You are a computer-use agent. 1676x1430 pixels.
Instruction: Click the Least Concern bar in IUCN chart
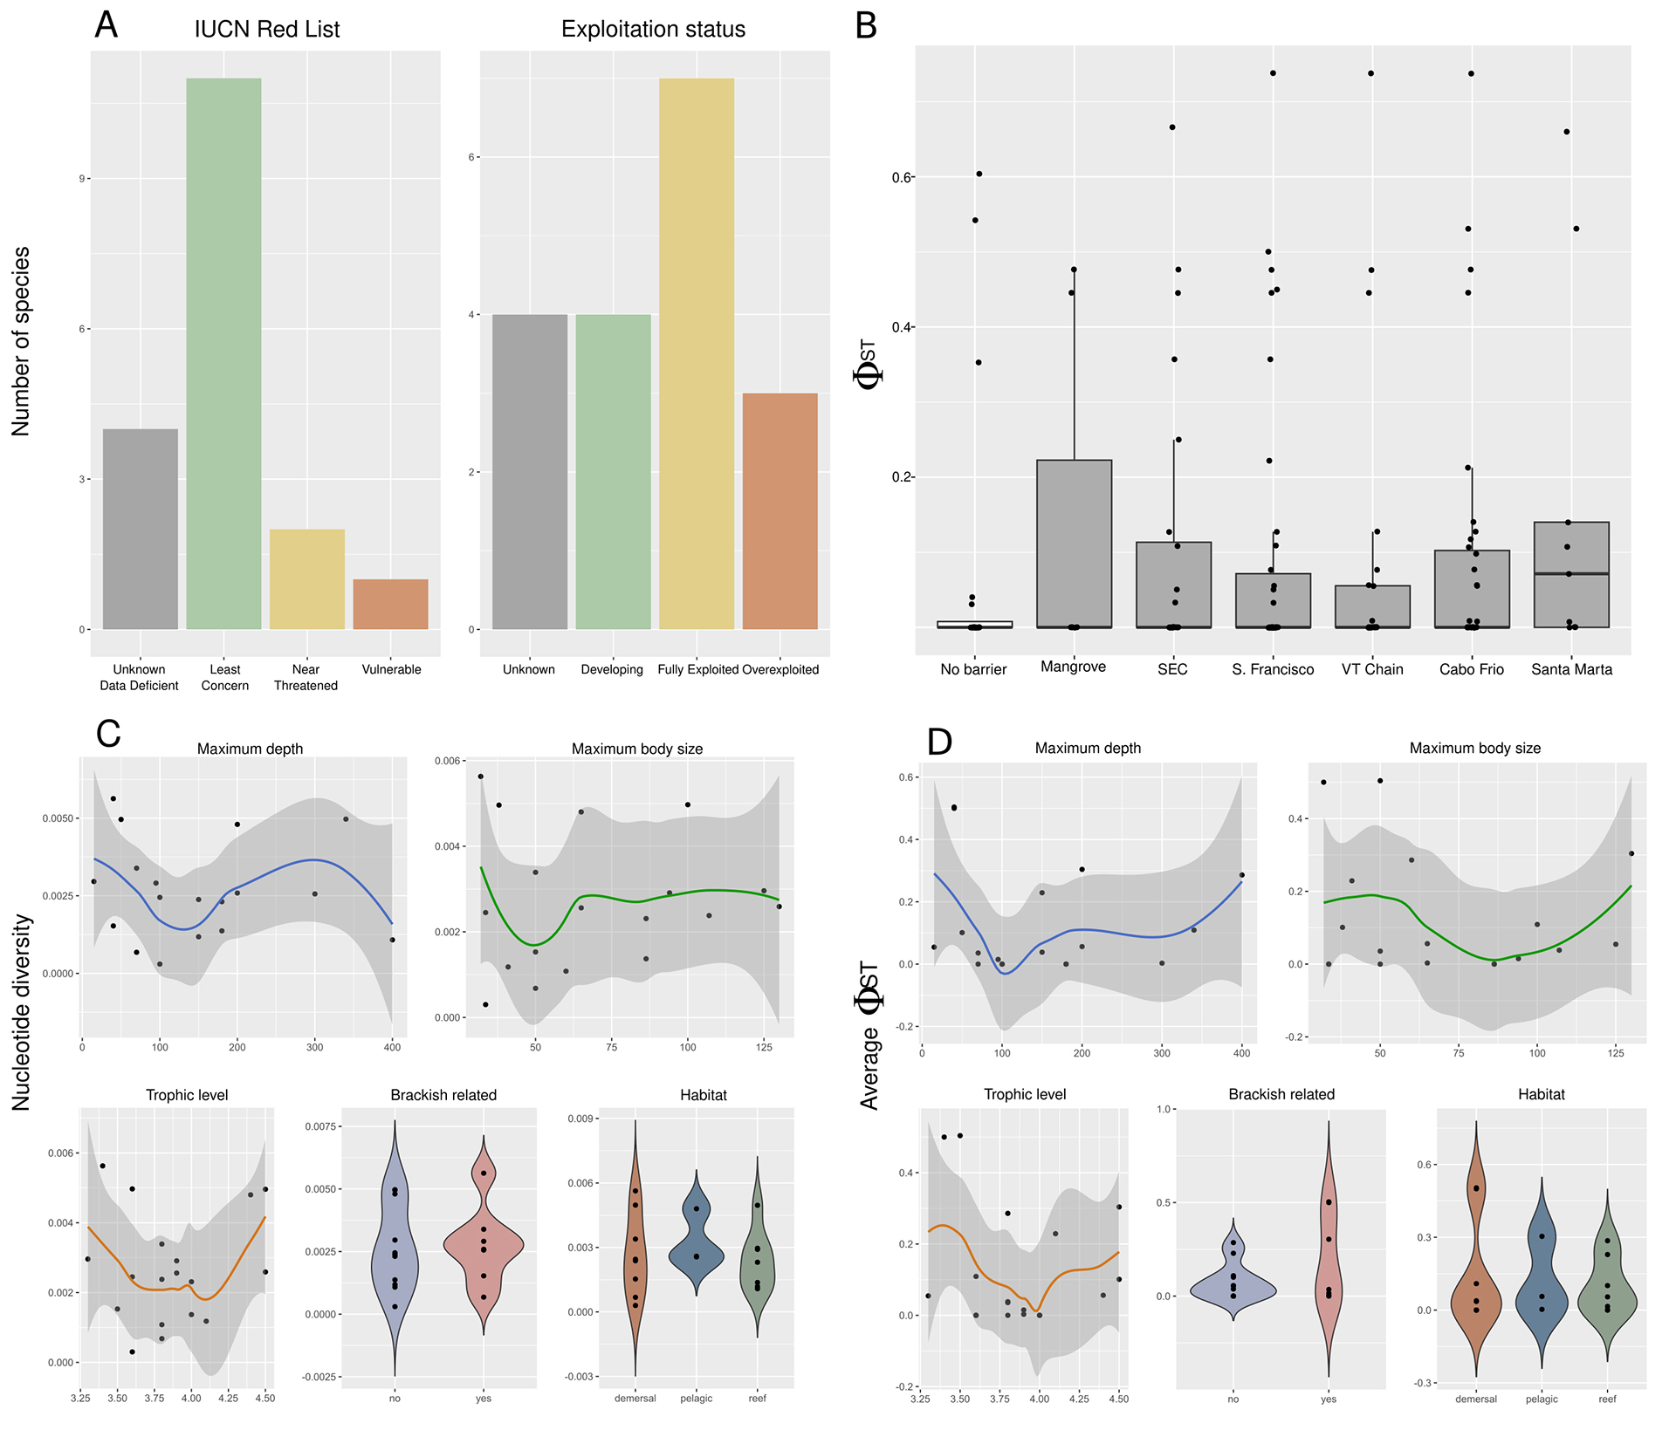(223, 353)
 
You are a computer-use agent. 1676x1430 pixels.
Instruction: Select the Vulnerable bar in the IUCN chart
(390, 604)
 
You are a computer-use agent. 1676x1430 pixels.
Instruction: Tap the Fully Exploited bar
(696, 353)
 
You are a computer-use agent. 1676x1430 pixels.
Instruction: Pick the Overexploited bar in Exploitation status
(780, 510)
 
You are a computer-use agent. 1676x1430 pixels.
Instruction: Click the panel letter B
(865, 26)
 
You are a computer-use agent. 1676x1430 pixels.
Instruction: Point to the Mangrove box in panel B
(1074, 543)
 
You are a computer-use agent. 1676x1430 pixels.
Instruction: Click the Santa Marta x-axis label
(1571, 669)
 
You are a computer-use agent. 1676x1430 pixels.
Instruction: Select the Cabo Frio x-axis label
(1471, 669)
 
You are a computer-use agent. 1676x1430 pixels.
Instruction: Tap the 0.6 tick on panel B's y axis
(901, 178)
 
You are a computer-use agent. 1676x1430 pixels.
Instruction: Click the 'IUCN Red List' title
(266, 30)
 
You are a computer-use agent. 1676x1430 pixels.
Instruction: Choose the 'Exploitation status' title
(653, 30)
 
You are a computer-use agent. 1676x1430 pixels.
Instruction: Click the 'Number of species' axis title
(21, 341)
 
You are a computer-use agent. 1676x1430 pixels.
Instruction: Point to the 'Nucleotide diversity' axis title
(21, 1012)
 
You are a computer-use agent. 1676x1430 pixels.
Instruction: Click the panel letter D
(939, 742)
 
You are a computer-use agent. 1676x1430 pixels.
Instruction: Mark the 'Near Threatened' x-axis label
(306, 677)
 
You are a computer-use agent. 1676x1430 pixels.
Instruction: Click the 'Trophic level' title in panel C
(187, 1095)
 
